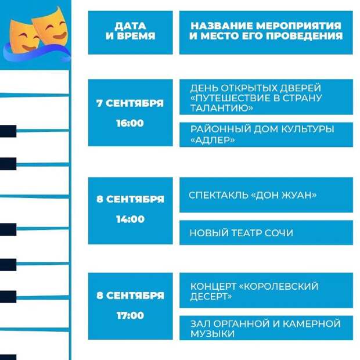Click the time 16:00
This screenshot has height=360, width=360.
pyautogui.click(x=130, y=123)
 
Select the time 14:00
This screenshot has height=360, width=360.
pyautogui.click(x=130, y=219)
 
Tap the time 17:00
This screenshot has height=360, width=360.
pyautogui.click(x=130, y=315)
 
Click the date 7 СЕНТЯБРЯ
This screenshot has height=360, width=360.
pyautogui.click(x=130, y=103)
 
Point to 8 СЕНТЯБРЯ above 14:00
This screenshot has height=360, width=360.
pyautogui.click(x=131, y=199)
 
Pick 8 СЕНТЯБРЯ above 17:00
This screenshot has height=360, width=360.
pyautogui.click(x=131, y=295)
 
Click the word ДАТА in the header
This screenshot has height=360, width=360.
pyautogui.click(x=130, y=26)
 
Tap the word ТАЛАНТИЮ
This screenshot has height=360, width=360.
pyautogui.click(x=222, y=108)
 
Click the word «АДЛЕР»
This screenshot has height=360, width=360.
pyautogui.click(x=213, y=140)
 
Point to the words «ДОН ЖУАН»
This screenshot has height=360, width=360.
pyautogui.click(x=284, y=195)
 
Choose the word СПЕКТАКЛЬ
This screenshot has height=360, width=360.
pyautogui.click(x=218, y=195)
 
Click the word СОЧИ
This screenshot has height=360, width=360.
pyautogui.click(x=279, y=233)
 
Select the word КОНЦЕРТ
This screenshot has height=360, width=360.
pyautogui.click(x=213, y=286)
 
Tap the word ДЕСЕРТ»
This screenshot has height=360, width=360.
pyautogui.click(x=211, y=297)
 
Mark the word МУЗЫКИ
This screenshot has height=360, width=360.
pyautogui.click(x=213, y=334)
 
